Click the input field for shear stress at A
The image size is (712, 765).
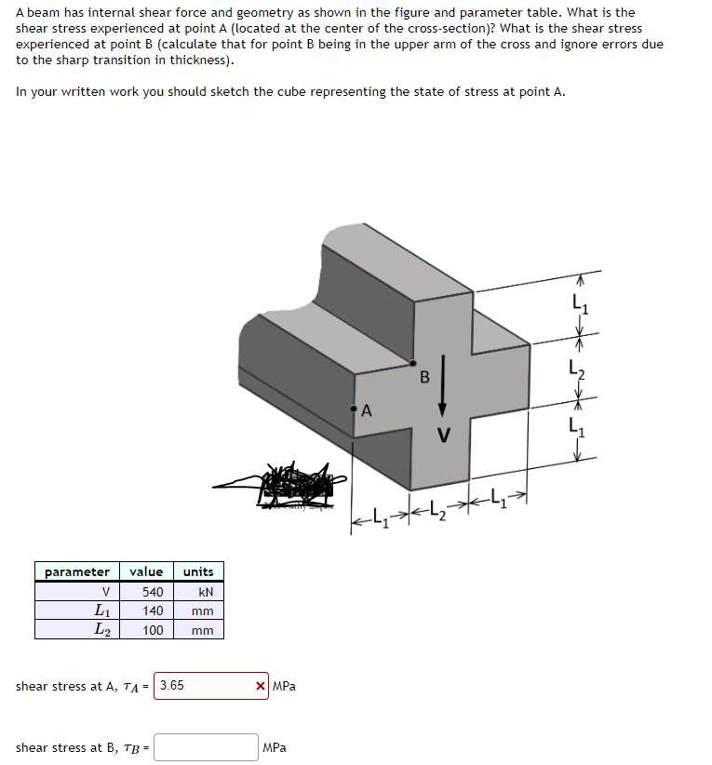(202, 686)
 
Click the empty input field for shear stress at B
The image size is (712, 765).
(207, 747)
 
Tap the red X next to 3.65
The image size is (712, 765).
(261, 687)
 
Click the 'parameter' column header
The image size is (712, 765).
(77, 571)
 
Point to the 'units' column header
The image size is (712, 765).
(198, 571)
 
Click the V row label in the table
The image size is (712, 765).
(105, 592)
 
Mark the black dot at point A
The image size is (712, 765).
(354, 408)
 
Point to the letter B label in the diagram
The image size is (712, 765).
(424, 377)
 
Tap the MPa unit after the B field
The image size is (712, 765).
(275, 747)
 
